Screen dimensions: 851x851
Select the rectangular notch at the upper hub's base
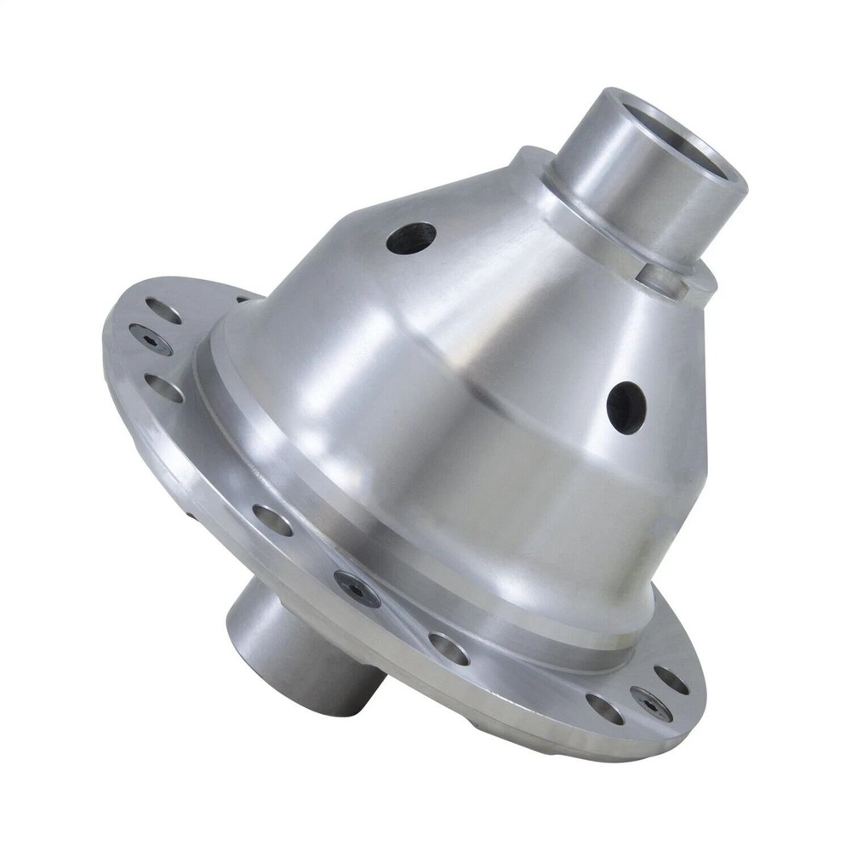point(666,279)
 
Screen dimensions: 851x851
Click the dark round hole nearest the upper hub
point(411,237)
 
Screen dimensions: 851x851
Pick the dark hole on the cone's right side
point(626,407)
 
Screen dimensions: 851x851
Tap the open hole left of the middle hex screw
point(271,519)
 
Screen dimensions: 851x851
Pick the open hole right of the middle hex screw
point(448,648)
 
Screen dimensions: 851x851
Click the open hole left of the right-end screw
point(604,708)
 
